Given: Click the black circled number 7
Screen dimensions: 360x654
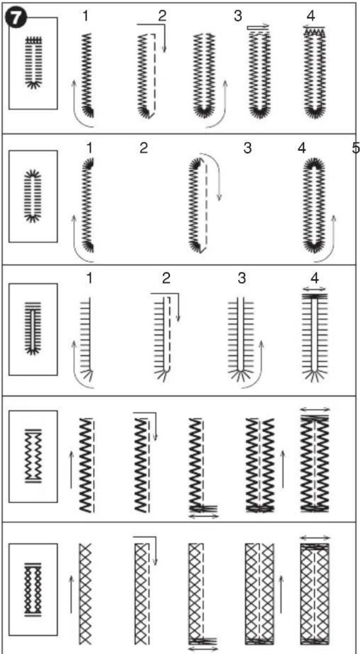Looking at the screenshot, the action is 16,18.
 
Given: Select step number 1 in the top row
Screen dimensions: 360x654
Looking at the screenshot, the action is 85,15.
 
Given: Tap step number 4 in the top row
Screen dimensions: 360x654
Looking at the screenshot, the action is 311,15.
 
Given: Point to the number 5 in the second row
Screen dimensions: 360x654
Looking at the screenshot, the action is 356,148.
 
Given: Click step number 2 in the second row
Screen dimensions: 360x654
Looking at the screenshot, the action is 143,148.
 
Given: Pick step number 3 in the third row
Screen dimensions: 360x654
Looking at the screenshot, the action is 242,278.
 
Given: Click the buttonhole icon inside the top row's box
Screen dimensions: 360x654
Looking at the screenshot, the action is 34,62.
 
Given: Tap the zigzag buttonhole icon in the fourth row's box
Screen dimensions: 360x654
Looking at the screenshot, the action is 34,456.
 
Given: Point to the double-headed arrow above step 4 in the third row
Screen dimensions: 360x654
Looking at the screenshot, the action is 314,289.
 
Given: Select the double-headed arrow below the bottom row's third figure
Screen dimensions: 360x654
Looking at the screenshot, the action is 203,649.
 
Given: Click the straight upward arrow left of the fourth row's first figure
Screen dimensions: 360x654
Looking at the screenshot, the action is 71,469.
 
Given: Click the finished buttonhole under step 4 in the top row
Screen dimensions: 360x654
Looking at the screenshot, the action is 315,72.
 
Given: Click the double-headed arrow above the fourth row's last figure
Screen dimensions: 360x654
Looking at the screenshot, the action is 315,409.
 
